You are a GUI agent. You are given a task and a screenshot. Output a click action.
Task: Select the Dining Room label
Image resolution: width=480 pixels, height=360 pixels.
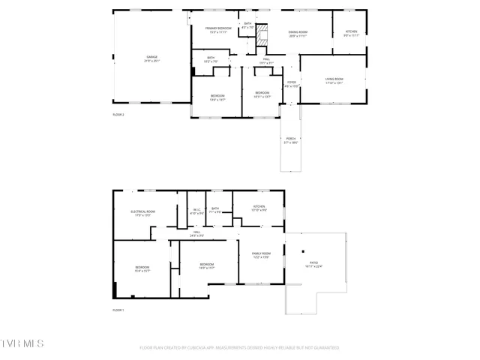click(x=298, y=34)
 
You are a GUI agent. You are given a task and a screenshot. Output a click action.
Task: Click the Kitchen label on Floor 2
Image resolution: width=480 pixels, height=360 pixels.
click(x=351, y=34)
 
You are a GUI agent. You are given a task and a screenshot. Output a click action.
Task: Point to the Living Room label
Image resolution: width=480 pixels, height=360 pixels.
click(x=334, y=80)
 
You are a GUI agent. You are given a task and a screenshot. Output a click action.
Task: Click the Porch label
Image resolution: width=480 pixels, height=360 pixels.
click(x=290, y=140)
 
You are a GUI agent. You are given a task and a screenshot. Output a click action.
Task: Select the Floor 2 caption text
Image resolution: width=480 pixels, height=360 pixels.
click(x=118, y=115)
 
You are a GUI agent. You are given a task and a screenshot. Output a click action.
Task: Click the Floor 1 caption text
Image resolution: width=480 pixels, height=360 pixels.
click(x=118, y=310)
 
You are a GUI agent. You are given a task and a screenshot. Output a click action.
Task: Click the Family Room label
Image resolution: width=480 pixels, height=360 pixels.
click(x=260, y=256)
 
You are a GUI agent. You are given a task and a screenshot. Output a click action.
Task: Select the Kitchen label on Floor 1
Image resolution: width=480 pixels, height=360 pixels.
click(x=259, y=208)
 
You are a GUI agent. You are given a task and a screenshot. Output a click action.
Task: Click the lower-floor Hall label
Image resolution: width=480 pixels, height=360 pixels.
click(x=196, y=234)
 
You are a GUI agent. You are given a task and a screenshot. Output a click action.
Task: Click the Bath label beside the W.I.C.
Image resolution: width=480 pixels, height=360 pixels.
click(x=215, y=210)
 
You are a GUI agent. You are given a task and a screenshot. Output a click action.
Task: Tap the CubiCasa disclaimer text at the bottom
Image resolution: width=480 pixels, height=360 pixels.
click(x=240, y=348)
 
